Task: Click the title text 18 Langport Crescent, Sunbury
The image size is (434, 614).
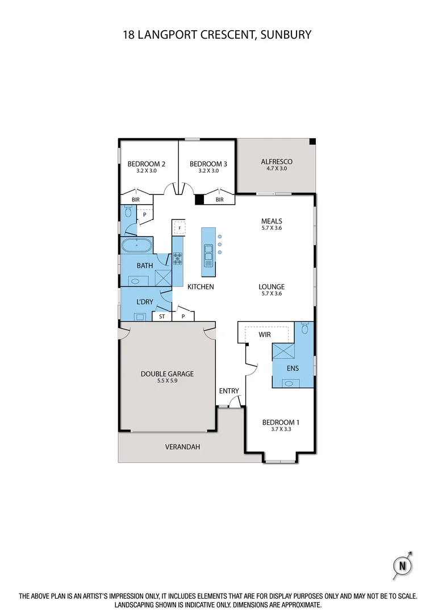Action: [x=217, y=35]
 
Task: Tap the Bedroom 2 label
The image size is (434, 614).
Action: [x=146, y=164]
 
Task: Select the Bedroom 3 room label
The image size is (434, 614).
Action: [x=208, y=164]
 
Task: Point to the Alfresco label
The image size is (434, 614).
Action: [x=276, y=162]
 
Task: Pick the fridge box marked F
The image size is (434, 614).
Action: [x=180, y=228]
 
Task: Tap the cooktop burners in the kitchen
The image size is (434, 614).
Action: [x=178, y=259]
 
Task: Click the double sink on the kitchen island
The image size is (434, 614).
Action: [x=208, y=259]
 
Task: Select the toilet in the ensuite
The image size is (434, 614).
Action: [x=305, y=328]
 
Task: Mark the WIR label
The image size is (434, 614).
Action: [x=264, y=335]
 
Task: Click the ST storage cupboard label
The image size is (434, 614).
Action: [x=162, y=317]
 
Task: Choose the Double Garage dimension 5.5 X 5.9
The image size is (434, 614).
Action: [x=168, y=381]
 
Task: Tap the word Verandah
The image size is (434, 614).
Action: [x=182, y=447]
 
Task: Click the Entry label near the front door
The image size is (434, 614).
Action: [x=229, y=391]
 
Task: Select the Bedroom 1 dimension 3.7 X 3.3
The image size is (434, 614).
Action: [x=280, y=430]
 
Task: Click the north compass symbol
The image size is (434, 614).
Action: [x=403, y=566]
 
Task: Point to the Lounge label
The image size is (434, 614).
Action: [x=272, y=287]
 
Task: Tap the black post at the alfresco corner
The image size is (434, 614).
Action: [x=312, y=142]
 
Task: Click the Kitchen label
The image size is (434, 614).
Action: [x=201, y=287]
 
